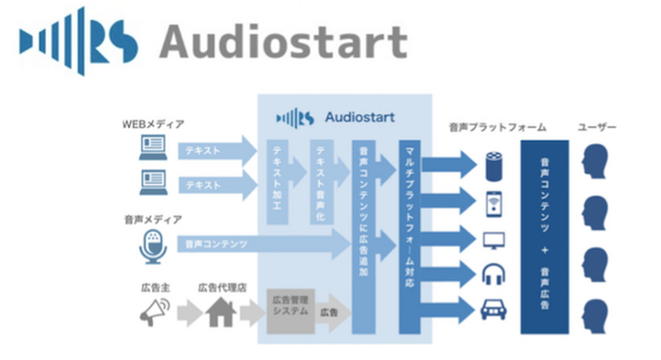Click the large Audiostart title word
[283, 42]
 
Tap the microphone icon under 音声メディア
[153, 245]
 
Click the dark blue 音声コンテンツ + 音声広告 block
[544, 235]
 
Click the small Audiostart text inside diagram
[359, 117]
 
